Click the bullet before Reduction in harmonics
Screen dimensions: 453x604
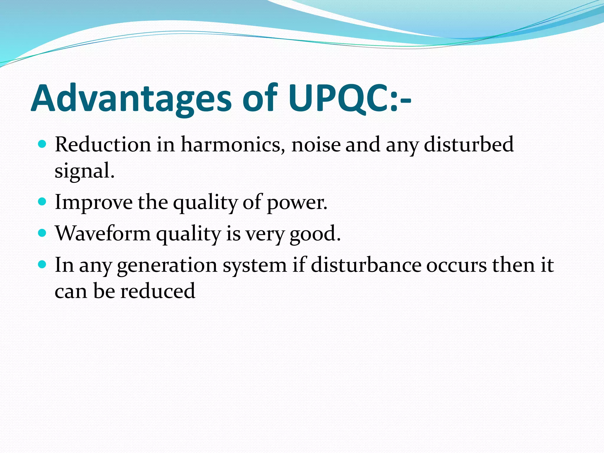pos(42,144)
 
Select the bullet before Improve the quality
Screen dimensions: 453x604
pos(42,202)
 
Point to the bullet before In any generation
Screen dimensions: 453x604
pos(42,265)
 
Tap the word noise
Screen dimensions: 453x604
pos(316,145)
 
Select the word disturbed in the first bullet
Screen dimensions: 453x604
pos(469,145)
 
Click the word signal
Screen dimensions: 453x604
pos(84,171)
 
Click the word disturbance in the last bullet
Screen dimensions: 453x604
pos(366,265)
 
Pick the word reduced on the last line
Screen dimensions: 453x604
pos(158,291)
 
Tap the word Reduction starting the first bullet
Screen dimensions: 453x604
pos(103,145)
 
